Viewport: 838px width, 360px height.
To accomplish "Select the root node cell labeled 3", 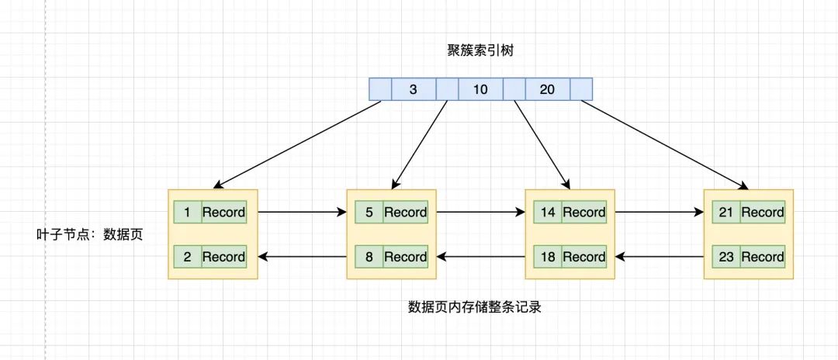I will point(414,89).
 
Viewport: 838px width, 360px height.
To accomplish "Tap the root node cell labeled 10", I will point(480,89).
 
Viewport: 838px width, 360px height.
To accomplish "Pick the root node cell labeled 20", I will point(547,89).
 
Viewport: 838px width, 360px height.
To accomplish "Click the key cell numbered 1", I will point(187,212).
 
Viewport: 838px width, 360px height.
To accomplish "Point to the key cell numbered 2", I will point(187,257).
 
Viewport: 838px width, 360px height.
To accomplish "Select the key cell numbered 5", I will point(368,212).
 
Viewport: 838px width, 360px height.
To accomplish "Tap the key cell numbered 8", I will point(368,257).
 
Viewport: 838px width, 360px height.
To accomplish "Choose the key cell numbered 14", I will point(548,212).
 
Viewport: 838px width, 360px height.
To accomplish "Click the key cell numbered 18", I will point(548,257).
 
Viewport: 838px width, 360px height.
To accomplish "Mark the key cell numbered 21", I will point(726,212).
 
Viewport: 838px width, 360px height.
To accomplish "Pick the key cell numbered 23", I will point(726,257).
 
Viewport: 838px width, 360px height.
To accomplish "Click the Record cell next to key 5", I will point(405,212).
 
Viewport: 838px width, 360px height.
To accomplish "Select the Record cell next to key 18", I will point(583,257).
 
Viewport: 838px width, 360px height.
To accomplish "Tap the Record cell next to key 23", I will point(762,257).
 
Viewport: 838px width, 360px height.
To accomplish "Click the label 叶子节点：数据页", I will point(90,234).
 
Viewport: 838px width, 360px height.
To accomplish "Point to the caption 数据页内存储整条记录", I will point(474,306).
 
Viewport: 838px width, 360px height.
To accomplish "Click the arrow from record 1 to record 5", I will point(301,211).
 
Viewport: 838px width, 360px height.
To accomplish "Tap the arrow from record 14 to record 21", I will point(659,211).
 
